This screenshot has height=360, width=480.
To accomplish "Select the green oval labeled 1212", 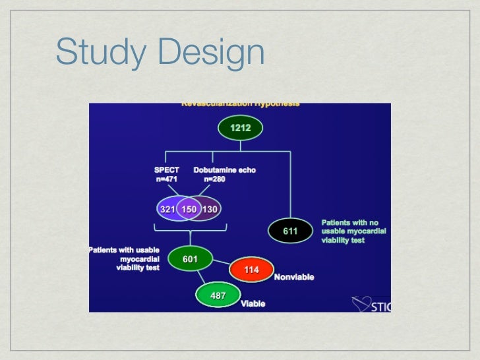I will click(x=240, y=128).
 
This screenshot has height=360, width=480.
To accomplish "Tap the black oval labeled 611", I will click(x=290, y=231).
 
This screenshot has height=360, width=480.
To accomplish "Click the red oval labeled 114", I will click(x=251, y=270).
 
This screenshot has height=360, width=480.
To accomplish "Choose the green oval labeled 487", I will click(x=218, y=295).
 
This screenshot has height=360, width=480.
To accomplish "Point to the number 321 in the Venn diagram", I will click(x=167, y=209).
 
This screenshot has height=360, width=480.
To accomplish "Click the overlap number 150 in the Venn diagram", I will click(x=189, y=209).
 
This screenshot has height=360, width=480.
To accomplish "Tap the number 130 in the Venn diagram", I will click(x=210, y=209).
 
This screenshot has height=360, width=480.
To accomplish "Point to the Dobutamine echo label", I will click(x=224, y=169).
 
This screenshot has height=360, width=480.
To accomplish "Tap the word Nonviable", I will click(x=293, y=277).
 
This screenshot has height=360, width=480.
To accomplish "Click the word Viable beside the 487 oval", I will click(x=253, y=304).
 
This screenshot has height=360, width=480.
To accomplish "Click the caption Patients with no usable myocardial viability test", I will click(x=353, y=231).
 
